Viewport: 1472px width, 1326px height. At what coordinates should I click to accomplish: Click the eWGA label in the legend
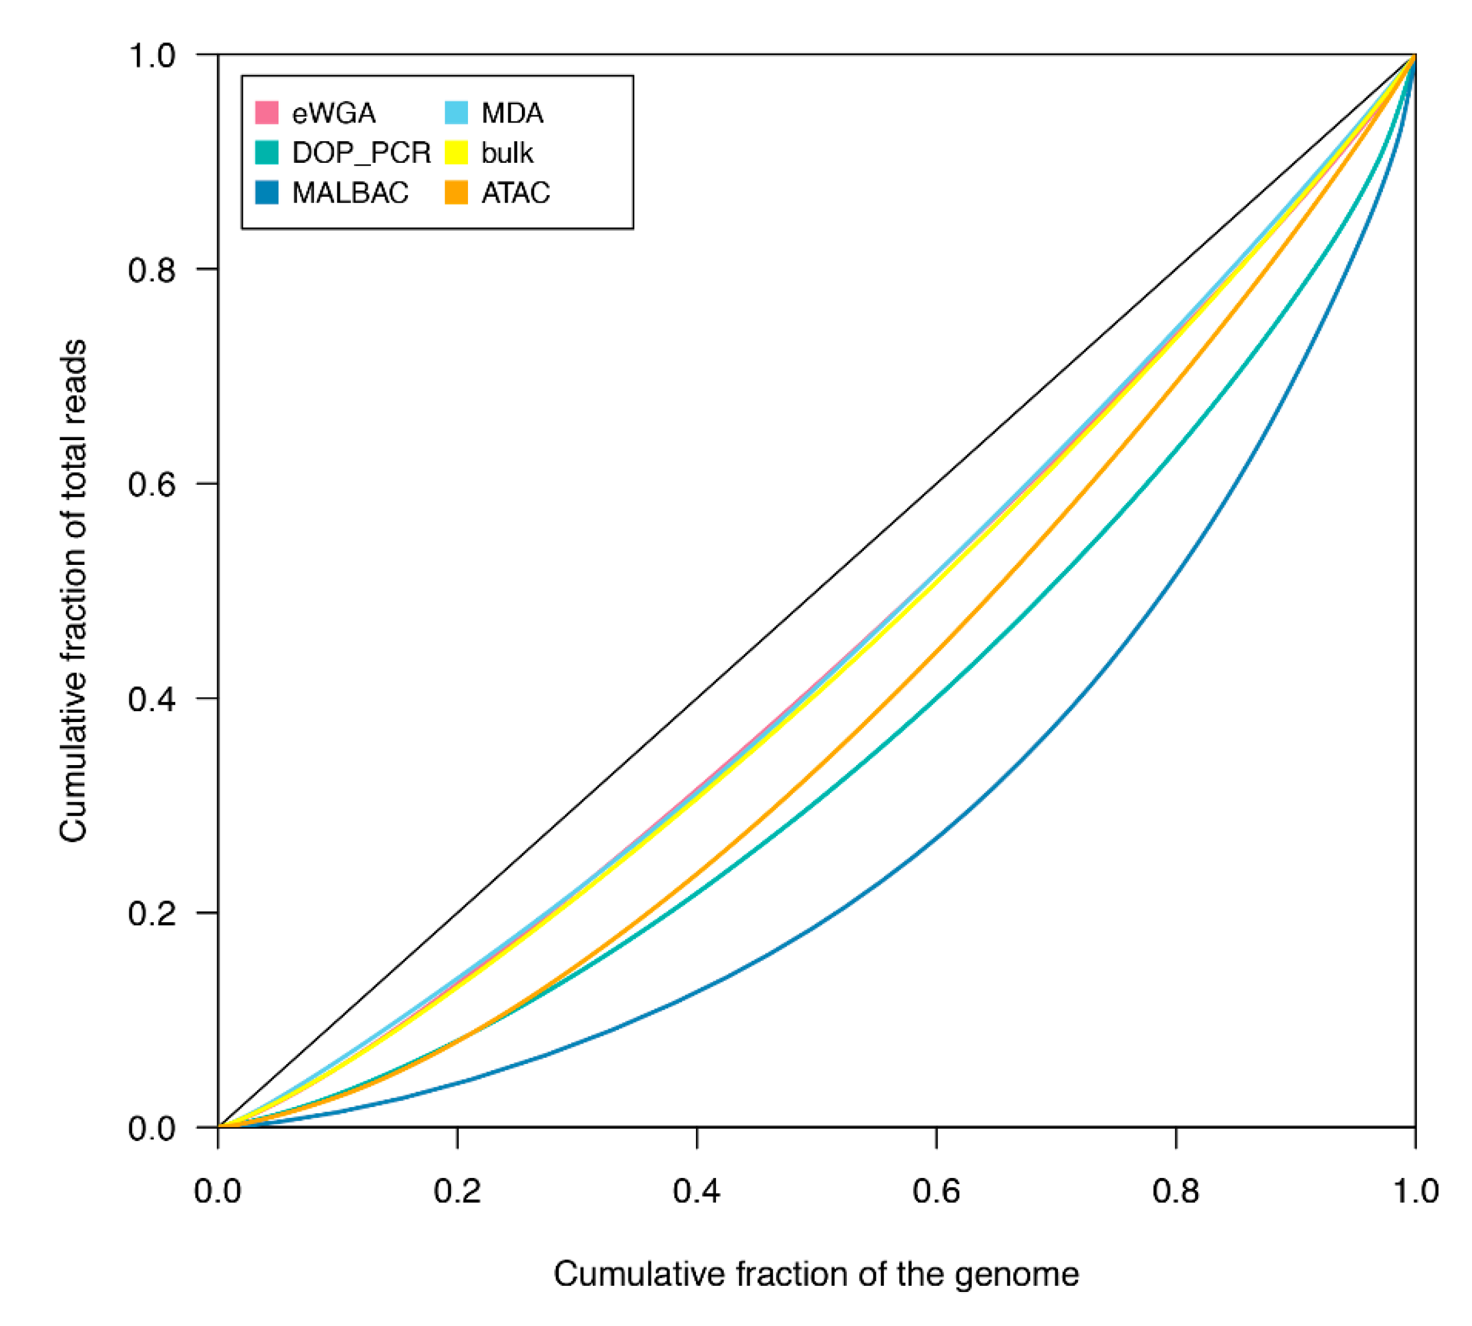[x=333, y=113]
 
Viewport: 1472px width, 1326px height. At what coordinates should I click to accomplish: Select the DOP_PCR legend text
[x=361, y=153]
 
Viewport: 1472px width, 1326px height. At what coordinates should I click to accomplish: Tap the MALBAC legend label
[x=350, y=193]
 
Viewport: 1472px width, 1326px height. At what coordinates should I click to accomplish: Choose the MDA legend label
[x=512, y=113]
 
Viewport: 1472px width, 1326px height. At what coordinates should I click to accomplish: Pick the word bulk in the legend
[x=507, y=153]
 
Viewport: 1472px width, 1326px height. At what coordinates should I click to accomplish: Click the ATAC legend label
[x=515, y=193]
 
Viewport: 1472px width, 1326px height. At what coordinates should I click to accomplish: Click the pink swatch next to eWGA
[x=267, y=113]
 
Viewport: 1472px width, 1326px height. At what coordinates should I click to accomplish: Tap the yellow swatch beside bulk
[x=455, y=153]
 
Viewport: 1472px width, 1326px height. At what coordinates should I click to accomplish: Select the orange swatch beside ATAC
[x=455, y=192]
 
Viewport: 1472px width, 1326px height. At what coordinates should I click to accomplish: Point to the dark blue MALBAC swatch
[x=267, y=192]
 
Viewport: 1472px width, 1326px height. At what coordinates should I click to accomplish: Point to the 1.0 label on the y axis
[x=151, y=56]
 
